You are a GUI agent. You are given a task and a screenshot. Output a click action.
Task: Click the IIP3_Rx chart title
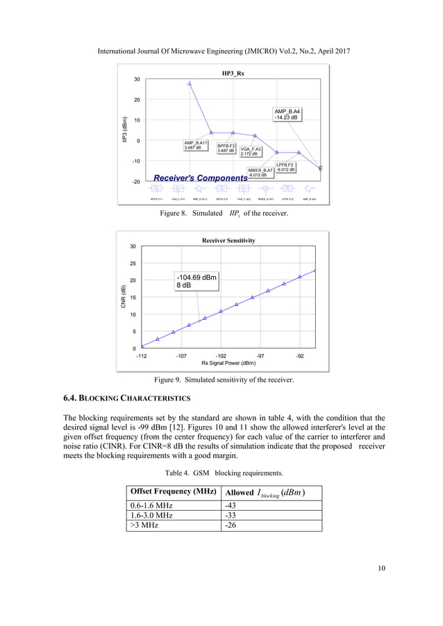tap(233, 73)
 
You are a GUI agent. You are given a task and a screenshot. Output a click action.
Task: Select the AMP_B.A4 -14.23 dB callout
tap(287, 115)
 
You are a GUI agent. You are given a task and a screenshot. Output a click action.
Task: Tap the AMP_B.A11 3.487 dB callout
tap(196, 145)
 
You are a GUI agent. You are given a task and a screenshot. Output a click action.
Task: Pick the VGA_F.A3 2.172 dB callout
tap(251, 151)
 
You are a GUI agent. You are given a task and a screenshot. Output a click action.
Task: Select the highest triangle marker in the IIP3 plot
tap(190, 84)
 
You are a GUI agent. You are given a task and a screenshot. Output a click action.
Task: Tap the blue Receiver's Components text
tap(201, 178)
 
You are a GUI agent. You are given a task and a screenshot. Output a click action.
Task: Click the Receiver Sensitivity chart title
tap(228, 240)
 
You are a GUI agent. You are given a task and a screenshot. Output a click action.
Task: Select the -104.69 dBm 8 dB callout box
tap(197, 281)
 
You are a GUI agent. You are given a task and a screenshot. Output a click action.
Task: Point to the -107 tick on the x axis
tap(181, 355)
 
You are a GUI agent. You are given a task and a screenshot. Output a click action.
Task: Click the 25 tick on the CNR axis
tap(133, 264)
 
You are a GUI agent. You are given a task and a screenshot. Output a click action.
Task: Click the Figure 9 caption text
tap(223, 380)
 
